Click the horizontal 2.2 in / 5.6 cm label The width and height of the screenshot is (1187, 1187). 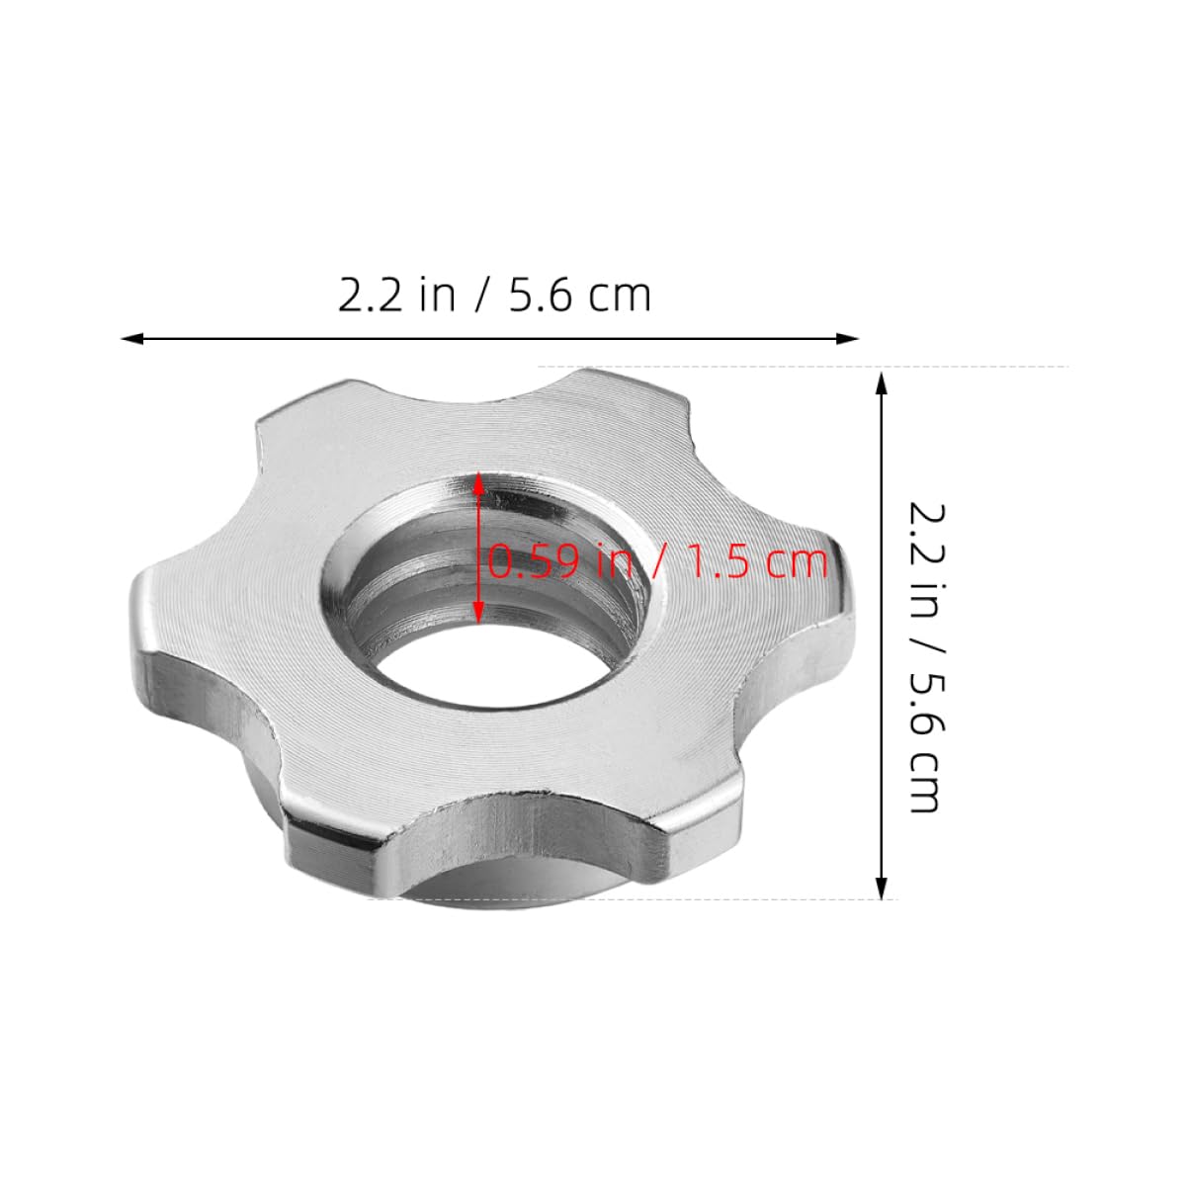tap(494, 296)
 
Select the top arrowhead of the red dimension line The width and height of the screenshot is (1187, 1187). tap(479, 482)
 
